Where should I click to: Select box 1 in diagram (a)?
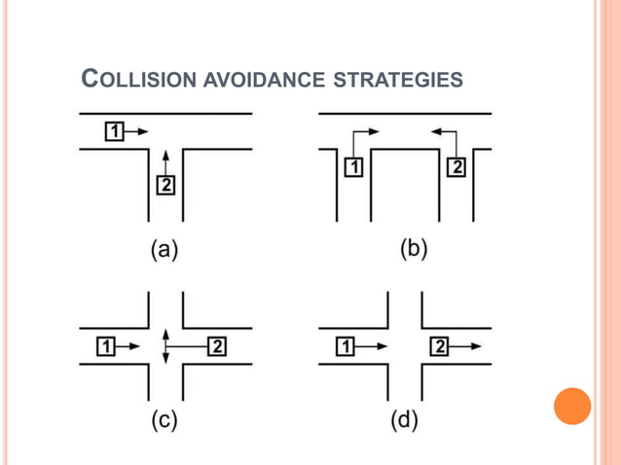coord(113,129)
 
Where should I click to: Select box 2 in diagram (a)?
coord(165,184)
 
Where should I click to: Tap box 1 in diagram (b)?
coord(353,167)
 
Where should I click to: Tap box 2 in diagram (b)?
coord(456,167)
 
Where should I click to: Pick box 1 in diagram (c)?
coord(107,345)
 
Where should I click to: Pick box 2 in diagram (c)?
coord(216,345)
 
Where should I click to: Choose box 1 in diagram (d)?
coord(345,345)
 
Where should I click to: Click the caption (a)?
coord(164,250)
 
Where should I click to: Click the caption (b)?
coord(414,248)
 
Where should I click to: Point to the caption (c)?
coord(164,421)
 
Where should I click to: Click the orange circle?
coord(572,406)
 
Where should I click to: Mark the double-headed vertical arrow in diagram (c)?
coord(165,345)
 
